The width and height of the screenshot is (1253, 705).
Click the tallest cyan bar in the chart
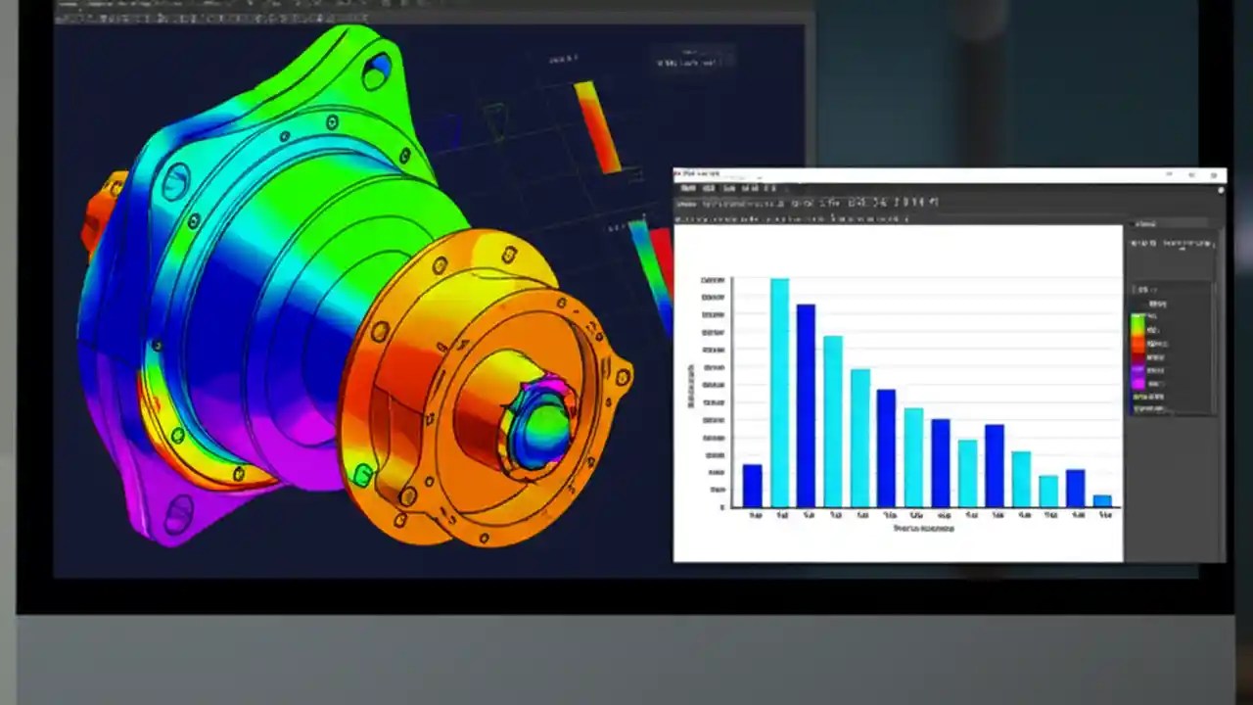pyautogui.click(x=779, y=392)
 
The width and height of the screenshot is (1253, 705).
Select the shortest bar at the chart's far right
pyautogui.click(x=1102, y=500)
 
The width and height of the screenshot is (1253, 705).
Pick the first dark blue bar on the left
pyautogui.click(x=752, y=485)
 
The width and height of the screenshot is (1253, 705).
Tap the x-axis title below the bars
pyautogui.click(x=923, y=529)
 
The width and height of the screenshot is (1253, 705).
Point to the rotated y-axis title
pyautogui.click(x=691, y=387)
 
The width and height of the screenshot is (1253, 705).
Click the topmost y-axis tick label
pyautogui.click(x=713, y=281)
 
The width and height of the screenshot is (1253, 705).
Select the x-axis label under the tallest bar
pyautogui.click(x=781, y=515)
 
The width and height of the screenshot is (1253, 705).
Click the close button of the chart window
pyautogui.click(x=1215, y=175)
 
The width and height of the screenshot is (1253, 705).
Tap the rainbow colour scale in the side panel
pyautogui.click(x=1137, y=352)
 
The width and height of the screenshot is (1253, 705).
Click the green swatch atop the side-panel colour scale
pyautogui.click(x=1137, y=320)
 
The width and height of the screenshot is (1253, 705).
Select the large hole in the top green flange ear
pyautogui.click(x=376, y=69)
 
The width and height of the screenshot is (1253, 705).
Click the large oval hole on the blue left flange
pyautogui.click(x=176, y=181)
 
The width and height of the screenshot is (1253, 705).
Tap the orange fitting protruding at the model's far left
pyautogui.click(x=98, y=211)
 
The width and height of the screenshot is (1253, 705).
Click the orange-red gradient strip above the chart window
pyautogui.click(x=597, y=125)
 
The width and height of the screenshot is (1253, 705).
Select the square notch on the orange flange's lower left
pyautogui.click(x=363, y=476)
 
